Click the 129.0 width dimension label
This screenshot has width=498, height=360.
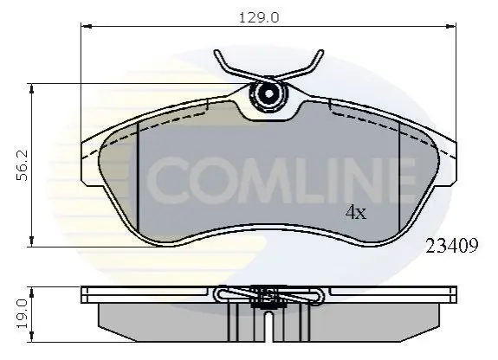point(259,17)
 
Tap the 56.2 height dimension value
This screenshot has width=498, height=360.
point(23,165)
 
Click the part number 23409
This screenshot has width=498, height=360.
point(451,246)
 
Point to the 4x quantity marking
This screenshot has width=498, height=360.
point(356,212)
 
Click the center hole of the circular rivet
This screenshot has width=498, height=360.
point(268,93)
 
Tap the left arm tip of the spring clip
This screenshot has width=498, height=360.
point(217,52)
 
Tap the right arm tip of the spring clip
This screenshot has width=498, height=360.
point(321,52)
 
